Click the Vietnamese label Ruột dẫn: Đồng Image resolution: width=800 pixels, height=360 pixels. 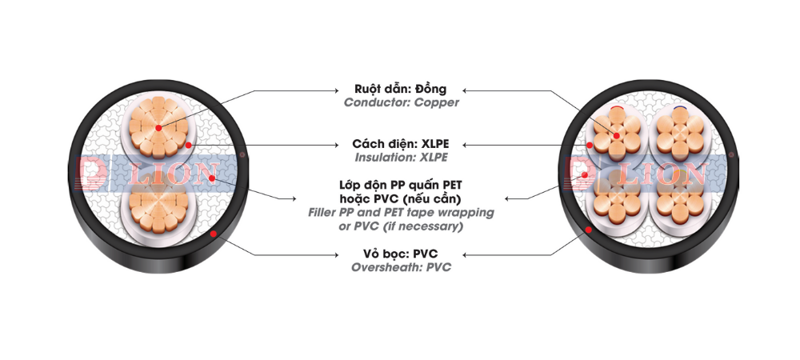click(400, 89)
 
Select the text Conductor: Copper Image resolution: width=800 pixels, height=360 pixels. click(402, 103)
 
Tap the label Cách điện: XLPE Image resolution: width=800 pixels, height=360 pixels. click(401, 144)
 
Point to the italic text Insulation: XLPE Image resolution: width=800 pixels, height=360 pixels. click(402, 158)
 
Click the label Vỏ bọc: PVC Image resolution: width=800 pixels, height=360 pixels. click(401, 254)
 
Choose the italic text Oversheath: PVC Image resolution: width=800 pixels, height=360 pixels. click(402, 268)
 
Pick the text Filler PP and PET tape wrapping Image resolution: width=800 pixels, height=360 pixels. click(401, 213)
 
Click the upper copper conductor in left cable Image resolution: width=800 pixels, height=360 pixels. click(158, 127)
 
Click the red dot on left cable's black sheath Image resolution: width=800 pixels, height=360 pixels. click(214, 234)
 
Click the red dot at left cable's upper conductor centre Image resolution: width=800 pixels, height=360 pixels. click(158, 128)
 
